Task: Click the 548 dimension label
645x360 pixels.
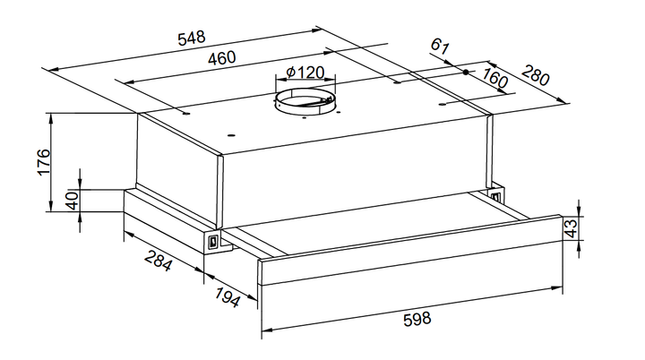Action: click(x=192, y=38)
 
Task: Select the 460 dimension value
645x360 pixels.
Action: click(x=222, y=58)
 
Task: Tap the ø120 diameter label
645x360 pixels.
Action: click(x=305, y=73)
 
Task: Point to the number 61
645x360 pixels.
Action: click(x=439, y=46)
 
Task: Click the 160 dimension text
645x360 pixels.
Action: click(x=494, y=78)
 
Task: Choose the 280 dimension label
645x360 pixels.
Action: click(x=535, y=75)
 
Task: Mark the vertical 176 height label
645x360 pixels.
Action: click(x=44, y=162)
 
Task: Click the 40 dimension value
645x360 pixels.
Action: click(x=73, y=201)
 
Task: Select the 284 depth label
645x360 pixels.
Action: click(x=158, y=260)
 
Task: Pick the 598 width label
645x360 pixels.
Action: click(x=417, y=319)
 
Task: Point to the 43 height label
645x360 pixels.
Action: click(x=572, y=228)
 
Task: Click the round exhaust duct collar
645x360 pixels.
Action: click(x=305, y=103)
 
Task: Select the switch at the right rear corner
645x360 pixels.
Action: click(x=496, y=195)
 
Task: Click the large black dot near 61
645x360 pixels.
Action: click(x=466, y=73)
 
